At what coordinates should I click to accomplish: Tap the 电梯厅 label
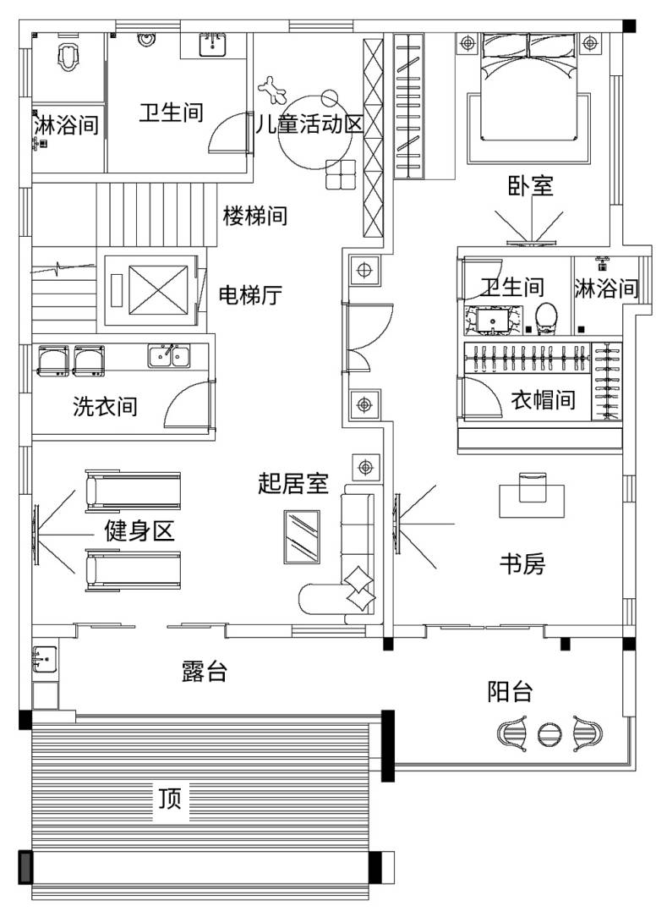pos(250,294)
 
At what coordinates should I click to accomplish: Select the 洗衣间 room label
pos(105,406)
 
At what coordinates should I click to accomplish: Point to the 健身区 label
pos(139,531)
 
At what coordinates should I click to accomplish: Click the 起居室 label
pos(293,483)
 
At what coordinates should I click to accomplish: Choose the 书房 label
pos(522,563)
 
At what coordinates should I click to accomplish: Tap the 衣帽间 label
pos(543,400)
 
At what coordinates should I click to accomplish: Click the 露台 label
pos(204,672)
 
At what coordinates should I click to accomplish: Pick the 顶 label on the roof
pos(170,799)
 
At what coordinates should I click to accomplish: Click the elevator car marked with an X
pos(158,290)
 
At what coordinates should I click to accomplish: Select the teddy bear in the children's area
pos(272,90)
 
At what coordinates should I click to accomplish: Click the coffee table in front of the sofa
pos(302,536)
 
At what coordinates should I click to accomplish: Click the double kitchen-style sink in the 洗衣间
pos(169,355)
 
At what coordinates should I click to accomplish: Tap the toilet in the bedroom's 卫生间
pos(546,317)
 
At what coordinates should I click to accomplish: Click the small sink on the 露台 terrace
pos(45,660)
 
